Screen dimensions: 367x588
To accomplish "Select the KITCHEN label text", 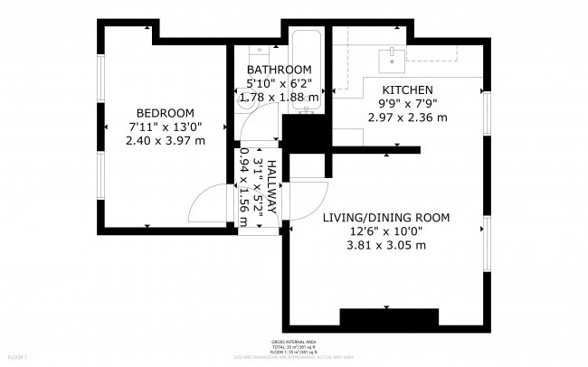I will (408, 90).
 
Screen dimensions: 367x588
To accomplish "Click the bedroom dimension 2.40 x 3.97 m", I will (165, 140).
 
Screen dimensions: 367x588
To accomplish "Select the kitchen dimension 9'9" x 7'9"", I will (408, 104).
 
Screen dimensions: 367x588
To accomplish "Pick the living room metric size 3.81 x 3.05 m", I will (386, 244).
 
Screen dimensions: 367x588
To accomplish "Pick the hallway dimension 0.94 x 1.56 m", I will (243, 181).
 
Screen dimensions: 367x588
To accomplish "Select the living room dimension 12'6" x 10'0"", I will (386, 231).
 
